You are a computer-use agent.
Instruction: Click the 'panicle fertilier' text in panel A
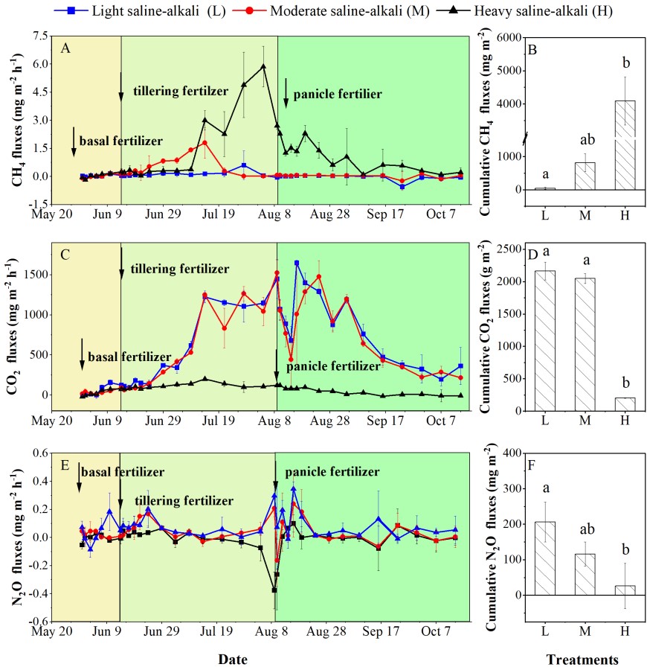point(338,95)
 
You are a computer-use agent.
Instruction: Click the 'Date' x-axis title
point(233,660)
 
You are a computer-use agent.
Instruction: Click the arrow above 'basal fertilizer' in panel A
point(74,141)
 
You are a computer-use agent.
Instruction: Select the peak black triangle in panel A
point(263,66)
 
